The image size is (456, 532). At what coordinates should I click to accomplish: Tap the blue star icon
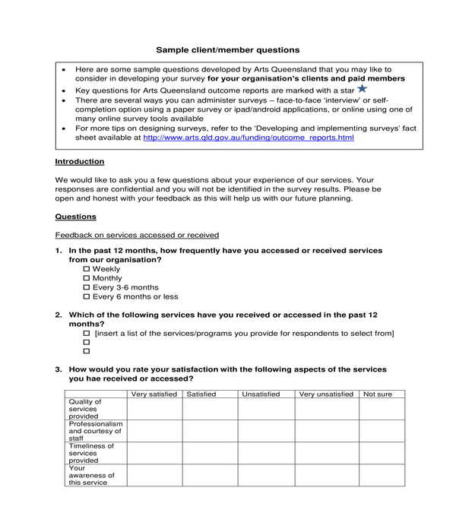coord(362,89)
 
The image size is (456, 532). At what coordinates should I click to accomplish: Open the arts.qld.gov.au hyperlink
coord(248,138)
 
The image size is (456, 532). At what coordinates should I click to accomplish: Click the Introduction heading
coord(80,162)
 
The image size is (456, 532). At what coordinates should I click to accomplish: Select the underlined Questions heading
coord(75,217)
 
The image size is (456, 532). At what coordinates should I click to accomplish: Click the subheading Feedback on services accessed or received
coord(137,235)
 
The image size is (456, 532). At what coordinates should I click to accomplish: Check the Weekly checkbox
coord(86,270)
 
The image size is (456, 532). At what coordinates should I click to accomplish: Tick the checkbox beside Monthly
coord(86,279)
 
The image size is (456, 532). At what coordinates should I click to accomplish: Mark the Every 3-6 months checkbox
coord(86,288)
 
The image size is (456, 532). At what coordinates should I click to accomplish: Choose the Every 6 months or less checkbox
coord(86,297)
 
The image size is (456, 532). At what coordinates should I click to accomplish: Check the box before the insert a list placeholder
coord(86,334)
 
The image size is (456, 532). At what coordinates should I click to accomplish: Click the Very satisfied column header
coord(154,394)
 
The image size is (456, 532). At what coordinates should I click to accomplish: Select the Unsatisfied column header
coord(261,394)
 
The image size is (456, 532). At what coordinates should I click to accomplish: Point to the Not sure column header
coord(378,394)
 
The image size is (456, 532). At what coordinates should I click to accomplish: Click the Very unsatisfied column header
coord(326,394)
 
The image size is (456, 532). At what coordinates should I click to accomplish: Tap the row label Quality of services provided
coord(84,409)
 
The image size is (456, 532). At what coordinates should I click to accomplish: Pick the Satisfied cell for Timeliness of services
coord(210,453)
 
